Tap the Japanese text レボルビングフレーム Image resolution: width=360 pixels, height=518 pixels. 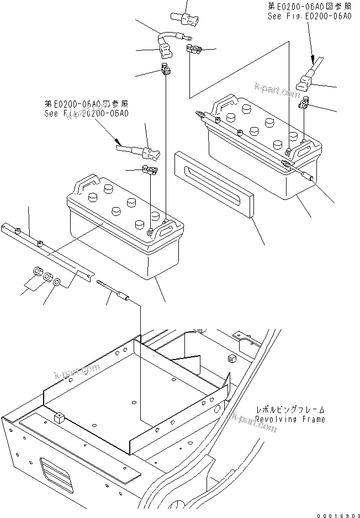pos(290,410)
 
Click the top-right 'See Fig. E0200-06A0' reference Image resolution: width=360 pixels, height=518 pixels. pos(309,17)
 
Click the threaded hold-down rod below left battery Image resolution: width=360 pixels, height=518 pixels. pos(113,290)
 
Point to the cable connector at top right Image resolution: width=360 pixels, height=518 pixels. pos(305,82)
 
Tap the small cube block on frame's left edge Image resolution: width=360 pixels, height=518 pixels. pos(59,417)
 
